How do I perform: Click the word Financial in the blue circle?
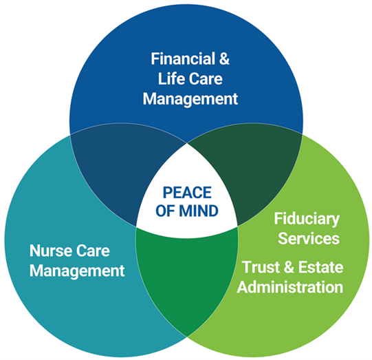coord(183,59)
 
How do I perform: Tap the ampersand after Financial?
coord(224,59)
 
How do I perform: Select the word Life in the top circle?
coord(170,78)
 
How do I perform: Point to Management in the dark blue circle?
coord(190,99)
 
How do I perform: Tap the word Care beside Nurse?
coord(91,251)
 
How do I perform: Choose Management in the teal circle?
coord(77,271)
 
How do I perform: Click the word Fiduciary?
coord(307,219)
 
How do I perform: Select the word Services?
coord(309,238)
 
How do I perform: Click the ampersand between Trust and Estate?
coord(289,267)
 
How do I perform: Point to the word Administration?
coord(290,287)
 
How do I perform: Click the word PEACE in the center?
coord(187,192)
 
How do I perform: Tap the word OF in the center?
coord(166,211)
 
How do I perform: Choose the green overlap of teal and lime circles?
coord(187,273)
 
